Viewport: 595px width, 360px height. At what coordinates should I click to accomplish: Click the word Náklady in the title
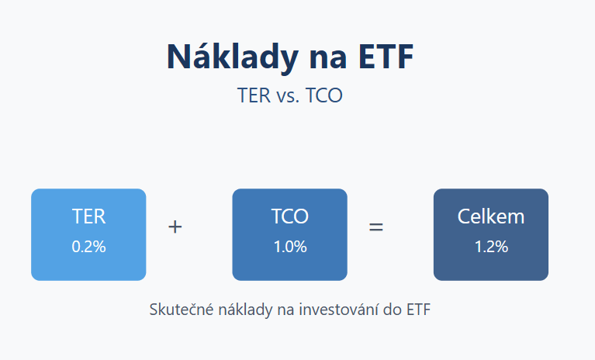coord(233,57)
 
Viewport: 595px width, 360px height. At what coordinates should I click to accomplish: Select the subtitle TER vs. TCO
coord(290,95)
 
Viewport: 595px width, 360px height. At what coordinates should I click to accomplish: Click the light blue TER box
coord(88,234)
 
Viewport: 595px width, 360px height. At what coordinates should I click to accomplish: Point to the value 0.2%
coord(88,247)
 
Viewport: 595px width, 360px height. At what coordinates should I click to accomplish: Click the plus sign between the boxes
coord(175,227)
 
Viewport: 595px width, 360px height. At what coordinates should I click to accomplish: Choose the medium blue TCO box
coord(289,234)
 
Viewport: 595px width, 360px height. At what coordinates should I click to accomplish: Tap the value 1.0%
coord(290,247)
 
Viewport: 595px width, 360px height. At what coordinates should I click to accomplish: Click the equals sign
coord(376,227)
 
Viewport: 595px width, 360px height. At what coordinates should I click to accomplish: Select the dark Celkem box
coord(491,234)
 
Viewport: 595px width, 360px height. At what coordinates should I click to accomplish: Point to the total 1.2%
coord(491,247)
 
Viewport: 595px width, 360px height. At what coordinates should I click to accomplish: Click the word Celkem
coord(491,216)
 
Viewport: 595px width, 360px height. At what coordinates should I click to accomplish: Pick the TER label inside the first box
coord(88,216)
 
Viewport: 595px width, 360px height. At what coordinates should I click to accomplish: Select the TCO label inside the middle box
coord(290,216)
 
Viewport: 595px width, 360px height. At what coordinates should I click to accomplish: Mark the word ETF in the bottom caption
coord(419,310)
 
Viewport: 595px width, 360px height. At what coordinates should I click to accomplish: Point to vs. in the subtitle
coord(288,97)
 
